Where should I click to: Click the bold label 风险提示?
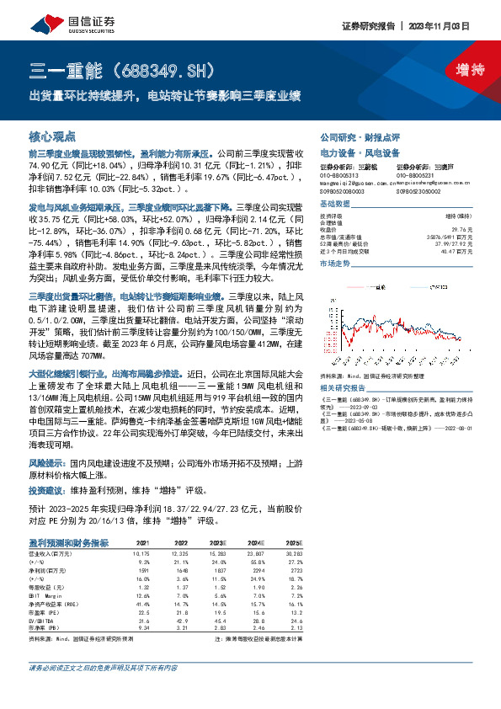click(x=48, y=463)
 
